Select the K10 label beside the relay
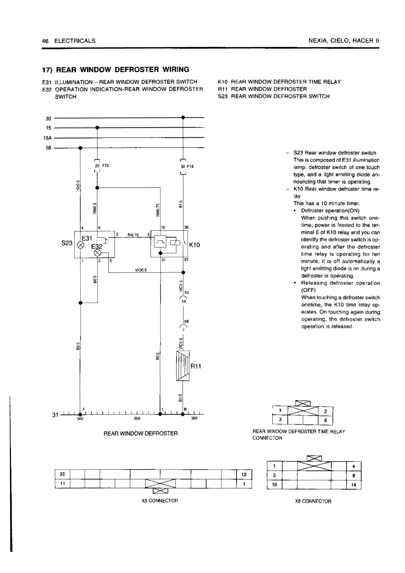[x=194, y=245]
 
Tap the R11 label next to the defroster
[x=196, y=366]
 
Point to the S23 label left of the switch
[x=67, y=243]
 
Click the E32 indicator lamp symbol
[x=98, y=253]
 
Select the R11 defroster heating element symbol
[x=183, y=366]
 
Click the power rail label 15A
[x=47, y=138]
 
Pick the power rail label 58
[x=48, y=148]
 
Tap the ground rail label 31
[x=55, y=415]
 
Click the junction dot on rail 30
[x=183, y=117]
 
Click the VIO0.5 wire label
[x=141, y=270]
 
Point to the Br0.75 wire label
[x=133, y=235]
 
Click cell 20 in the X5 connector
[x=62, y=474]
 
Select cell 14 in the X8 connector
[x=354, y=485]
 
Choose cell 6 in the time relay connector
[x=325, y=420]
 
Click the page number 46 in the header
[x=45, y=41]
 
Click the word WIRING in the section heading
[x=176, y=70]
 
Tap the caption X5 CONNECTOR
[x=160, y=501]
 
